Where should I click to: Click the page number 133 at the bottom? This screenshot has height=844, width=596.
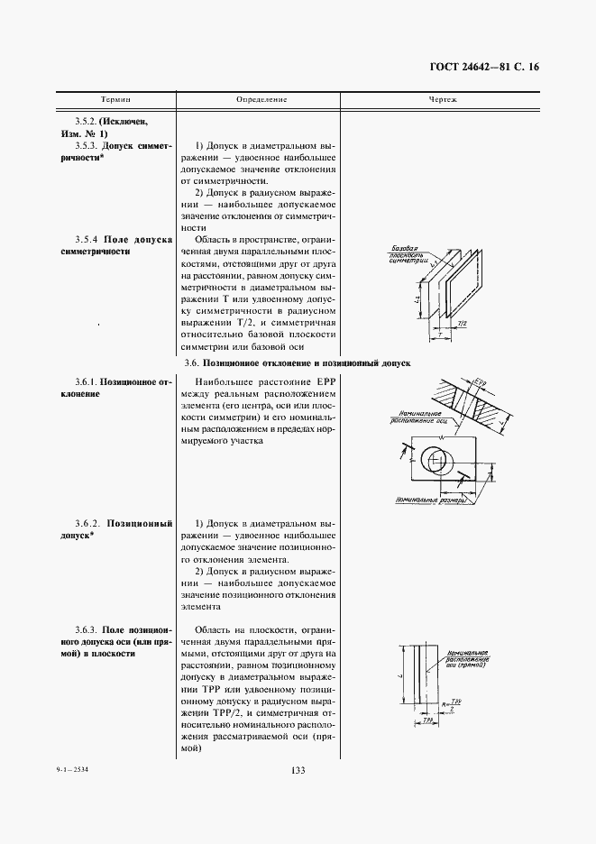pyautogui.click(x=298, y=769)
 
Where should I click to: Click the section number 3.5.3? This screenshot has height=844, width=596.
pyautogui.click(x=87, y=144)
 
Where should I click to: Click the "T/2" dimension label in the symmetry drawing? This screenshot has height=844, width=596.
pyautogui.click(x=463, y=322)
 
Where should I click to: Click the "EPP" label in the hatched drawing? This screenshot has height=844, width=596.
pyautogui.click(x=479, y=384)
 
